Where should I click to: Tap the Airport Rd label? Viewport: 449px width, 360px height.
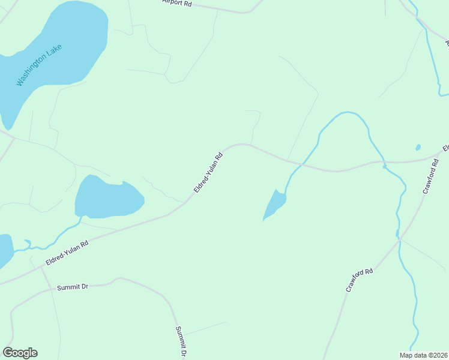pos(176,3)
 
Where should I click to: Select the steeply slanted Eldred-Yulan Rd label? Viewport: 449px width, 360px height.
pos(208,172)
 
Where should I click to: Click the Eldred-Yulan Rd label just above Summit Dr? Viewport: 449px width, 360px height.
pos(67,253)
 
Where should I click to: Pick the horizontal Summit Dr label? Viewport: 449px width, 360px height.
pos(73,287)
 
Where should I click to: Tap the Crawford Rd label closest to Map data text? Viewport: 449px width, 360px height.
pos(360,280)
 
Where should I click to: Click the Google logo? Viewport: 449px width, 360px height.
pos(20,353)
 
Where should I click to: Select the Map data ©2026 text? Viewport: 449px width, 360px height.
pos(423,355)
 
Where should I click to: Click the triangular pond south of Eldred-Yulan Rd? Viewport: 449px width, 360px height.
pos(274,206)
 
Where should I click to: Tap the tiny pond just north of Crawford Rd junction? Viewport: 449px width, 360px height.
pos(418,147)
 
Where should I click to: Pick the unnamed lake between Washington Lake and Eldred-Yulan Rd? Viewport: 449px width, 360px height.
pos(108,197)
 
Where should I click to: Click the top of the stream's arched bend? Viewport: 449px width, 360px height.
pos(346,112)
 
